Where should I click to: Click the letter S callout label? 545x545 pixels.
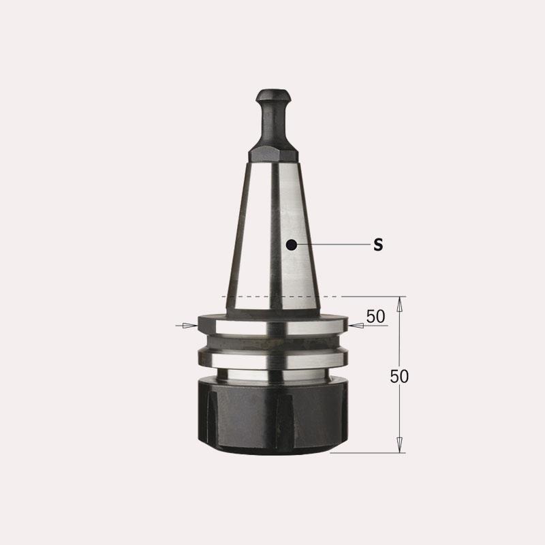coord(378,245)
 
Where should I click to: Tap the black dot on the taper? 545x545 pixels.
coord(292,245)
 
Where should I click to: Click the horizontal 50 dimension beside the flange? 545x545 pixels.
coord(376,317)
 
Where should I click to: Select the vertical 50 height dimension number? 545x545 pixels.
coord(399,377)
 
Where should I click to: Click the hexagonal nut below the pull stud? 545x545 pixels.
coord(273,155)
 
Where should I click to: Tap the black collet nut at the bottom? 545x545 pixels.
coord(273,417)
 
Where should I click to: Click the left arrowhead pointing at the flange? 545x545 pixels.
coord(190,326)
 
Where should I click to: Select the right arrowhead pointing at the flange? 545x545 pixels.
coord(356,326)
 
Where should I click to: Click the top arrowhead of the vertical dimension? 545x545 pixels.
coord(400,305)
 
